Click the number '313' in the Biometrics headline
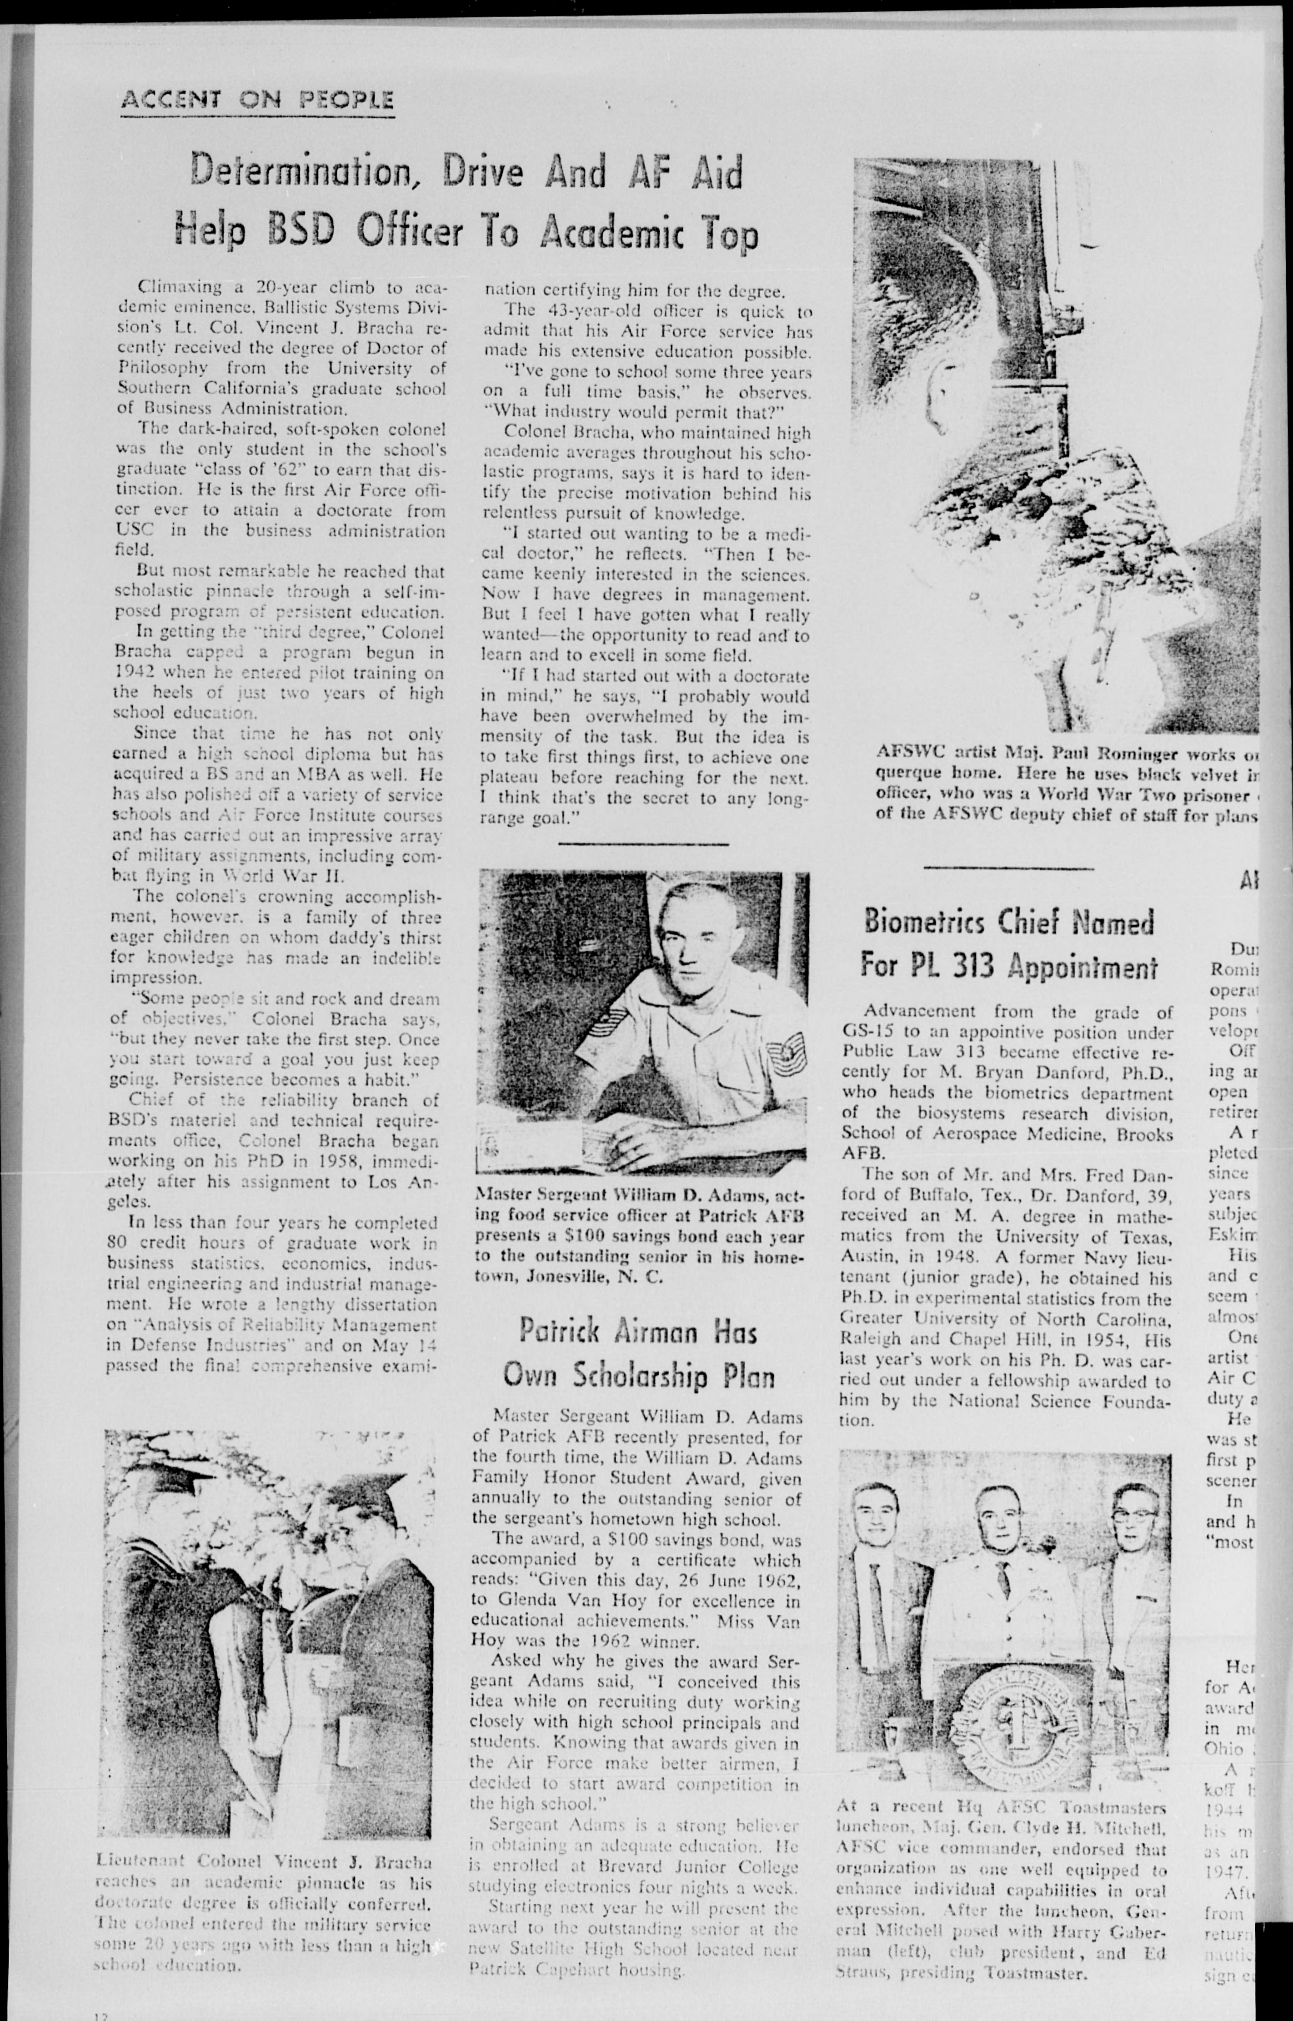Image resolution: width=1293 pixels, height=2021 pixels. click(975, 966)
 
